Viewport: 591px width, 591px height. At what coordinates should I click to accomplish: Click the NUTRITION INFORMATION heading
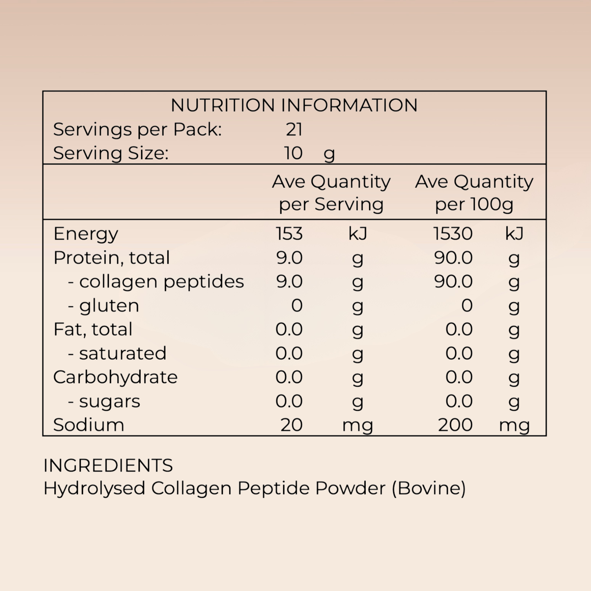(294, 105)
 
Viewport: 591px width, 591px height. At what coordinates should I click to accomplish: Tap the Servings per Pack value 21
(294, 129)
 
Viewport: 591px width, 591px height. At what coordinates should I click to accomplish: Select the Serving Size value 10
(294, 153)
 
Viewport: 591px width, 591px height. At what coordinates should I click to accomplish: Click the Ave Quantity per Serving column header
(331, 193)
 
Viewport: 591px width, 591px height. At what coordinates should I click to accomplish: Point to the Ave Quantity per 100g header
(474, 193)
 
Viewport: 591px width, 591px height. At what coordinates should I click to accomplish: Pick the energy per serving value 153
(289, 234)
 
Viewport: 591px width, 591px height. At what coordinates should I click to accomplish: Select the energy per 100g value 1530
(453, 234)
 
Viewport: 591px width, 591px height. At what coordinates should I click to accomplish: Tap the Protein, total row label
(111, 258)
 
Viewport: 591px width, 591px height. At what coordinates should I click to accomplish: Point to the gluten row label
(103, 306)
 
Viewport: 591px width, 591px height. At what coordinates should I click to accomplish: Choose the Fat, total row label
(92, 329)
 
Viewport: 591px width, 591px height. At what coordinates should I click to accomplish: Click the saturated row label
(117, 353)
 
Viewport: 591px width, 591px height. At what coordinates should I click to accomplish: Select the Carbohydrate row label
(115, 377)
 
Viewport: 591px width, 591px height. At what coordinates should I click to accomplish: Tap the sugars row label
(104, 402)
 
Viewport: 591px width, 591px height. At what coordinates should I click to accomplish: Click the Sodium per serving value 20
(292, 425)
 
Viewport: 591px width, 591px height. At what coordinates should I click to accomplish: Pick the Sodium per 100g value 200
(456, 425)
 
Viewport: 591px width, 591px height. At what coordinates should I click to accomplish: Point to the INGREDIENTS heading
(108, 465)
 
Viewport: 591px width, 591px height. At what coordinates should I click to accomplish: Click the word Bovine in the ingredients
(429, 488)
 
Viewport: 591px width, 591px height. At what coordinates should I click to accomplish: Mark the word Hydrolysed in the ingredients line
(94, 489)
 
